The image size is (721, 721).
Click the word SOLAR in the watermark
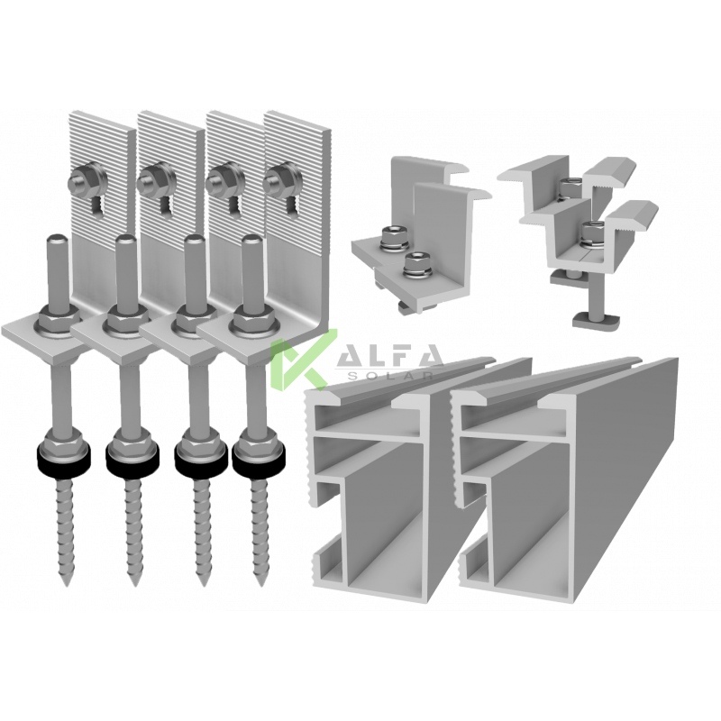[391, 375]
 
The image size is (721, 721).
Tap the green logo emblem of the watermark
[302, 359]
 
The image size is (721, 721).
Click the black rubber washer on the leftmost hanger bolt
[63, 456]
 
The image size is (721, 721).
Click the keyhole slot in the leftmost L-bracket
[97, 205]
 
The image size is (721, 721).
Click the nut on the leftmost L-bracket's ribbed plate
[83, 180]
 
